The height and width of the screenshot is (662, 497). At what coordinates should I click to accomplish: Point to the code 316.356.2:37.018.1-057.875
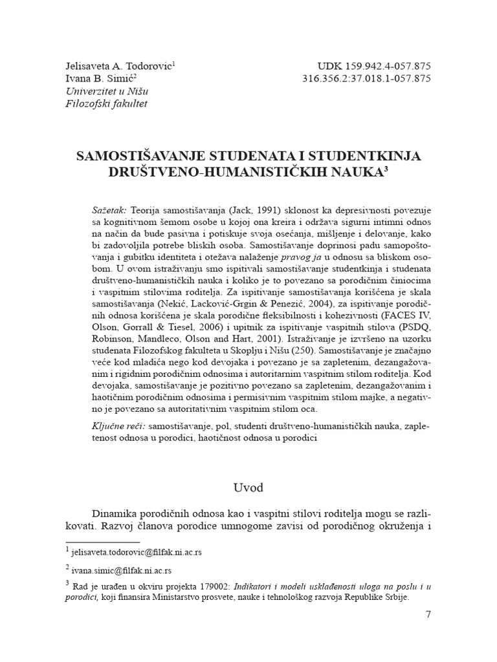pos(367,79)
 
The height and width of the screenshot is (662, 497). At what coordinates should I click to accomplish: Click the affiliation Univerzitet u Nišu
pos(105,91)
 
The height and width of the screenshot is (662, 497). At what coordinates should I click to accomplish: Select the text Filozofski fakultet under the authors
pos(106,103)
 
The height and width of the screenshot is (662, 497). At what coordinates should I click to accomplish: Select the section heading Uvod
pos(248,486)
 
